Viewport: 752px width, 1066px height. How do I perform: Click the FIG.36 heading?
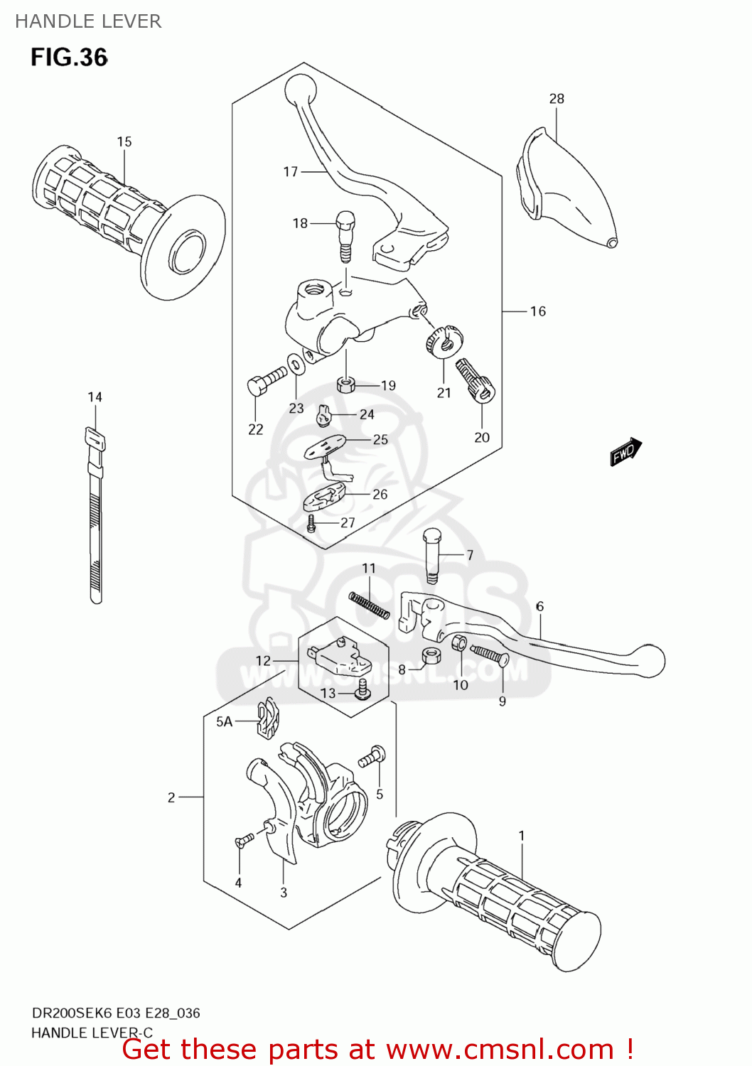click(x=69, y=58)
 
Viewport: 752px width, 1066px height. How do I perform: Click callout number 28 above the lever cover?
click(x=557, y=99)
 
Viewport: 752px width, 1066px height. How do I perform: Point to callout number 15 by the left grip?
click(x=124, y=142)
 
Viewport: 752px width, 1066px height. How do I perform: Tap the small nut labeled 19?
click(x=345, y=385)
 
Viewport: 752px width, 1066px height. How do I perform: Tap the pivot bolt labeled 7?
click(x=431, y=554)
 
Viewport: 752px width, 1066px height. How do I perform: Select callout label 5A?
click(x=224, y=722)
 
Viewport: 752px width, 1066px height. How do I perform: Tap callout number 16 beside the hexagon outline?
click(x=537, y=311)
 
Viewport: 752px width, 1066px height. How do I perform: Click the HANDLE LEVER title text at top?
click(x=88, y=21)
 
